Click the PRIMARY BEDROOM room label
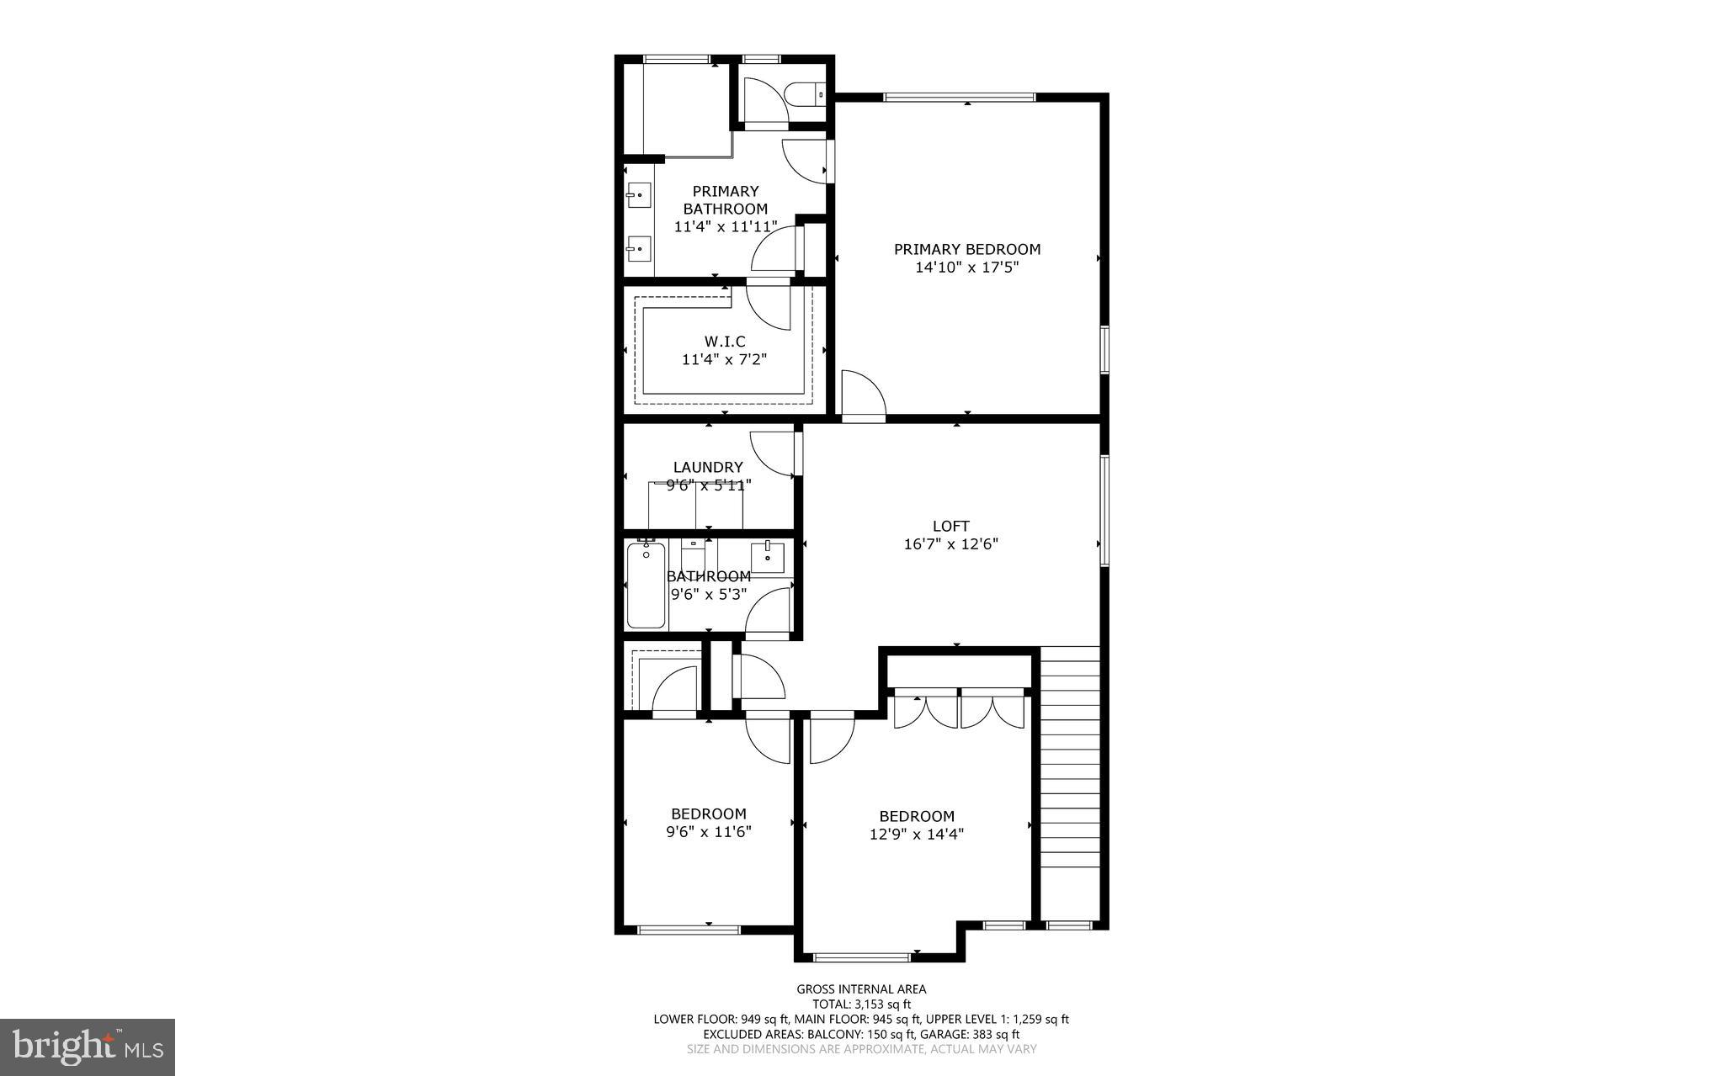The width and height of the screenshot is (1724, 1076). (x=966, y=249)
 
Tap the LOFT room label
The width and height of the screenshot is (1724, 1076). (x=951, y=526)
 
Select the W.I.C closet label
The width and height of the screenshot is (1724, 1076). (x=725, y=341)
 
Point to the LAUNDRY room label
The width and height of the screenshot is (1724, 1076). (x=708, y=467)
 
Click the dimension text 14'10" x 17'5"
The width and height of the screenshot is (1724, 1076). (x=966, y=268)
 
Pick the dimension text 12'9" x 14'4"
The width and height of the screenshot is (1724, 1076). (x=916, y=835)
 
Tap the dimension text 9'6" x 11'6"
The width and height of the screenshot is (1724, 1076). (x=708, y=832)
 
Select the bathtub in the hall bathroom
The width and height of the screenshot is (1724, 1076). (x=646, y=586)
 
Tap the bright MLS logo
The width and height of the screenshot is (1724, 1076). (x=88, y=1047)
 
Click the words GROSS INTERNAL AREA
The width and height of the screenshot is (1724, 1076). (x=861, y=989)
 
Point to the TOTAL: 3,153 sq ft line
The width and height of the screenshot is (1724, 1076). (x=861, y=1004)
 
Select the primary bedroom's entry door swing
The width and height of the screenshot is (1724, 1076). (x=862, y=392)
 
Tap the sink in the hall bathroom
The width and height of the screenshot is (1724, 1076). (x=767, y=557)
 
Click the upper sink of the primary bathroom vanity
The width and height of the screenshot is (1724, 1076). (x=638, y=195)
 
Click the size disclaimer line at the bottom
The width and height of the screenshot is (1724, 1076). (x=861, y=1049)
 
